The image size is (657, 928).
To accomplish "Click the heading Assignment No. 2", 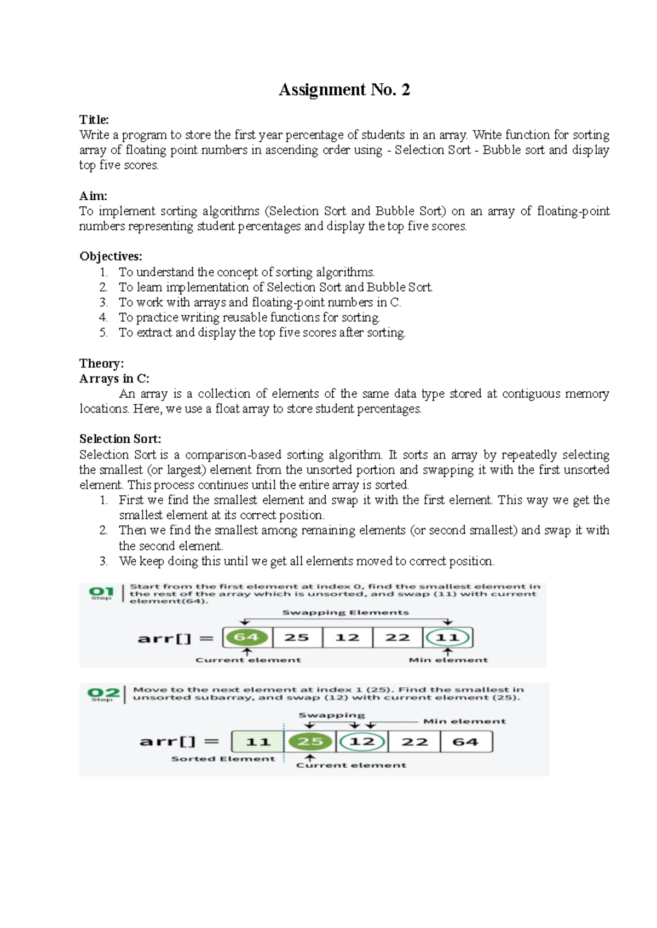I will (x=344, y=90).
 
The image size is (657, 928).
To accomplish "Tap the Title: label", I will (x=94, y=120).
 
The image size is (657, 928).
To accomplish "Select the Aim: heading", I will (x=93, y=196).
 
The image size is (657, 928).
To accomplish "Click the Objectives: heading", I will (x=111, y=256).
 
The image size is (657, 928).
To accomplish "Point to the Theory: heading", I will (x=101, y=363).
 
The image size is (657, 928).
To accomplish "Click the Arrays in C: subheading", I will (x=114, y=379).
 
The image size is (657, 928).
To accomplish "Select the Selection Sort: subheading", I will (x=120, y=439).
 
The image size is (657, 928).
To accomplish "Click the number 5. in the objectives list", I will (x=103, y=333).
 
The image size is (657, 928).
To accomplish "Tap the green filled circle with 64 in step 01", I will (x=246, y=637).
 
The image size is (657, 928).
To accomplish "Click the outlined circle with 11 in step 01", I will (x=447, y=637).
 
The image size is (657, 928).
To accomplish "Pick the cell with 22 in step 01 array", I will (x=397, y=637).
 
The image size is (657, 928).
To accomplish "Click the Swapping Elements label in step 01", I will (x=345, y=612).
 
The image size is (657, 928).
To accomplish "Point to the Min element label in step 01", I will (x=448, y=660).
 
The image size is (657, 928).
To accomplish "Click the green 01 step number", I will (x=101, y=591).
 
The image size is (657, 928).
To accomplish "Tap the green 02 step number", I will (x=103, y=693).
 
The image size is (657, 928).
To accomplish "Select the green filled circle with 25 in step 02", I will (x=310, y=742).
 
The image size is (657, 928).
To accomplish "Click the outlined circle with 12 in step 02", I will (x=361, y=742).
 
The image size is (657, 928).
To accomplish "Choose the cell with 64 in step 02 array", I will (x=465, y=742).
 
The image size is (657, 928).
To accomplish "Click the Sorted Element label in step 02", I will (x=223, y=759).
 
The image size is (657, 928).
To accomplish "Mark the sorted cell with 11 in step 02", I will (x=258, y=742).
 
